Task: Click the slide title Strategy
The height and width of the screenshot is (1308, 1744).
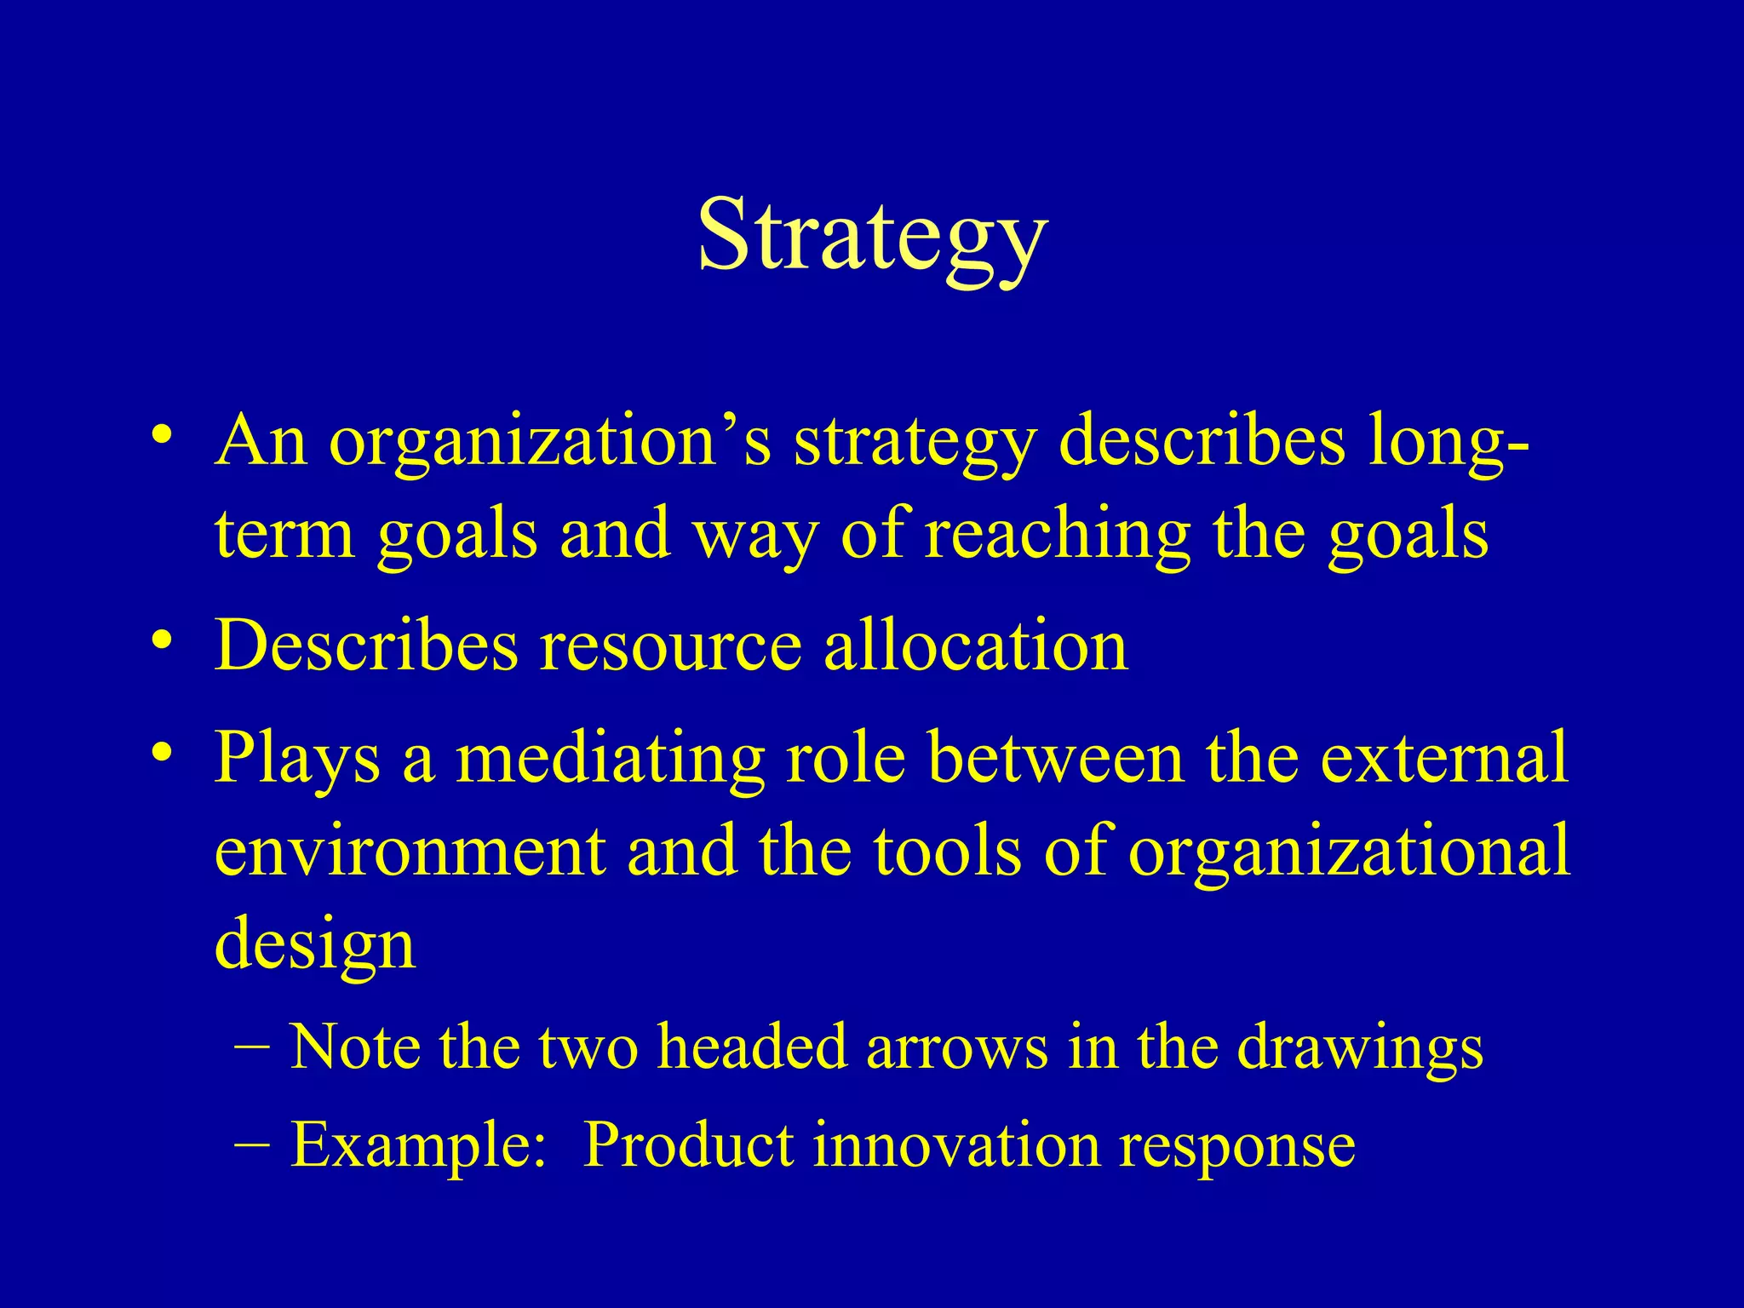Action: click(872, 234)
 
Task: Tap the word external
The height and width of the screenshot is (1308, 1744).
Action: click(1444, 757)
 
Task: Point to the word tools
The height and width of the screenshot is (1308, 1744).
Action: click(946, 851)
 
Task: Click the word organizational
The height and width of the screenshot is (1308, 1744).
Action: click(1349, 851)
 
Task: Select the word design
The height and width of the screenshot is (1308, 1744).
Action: click(315, 944)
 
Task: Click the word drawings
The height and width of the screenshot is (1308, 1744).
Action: click(1360, 1047)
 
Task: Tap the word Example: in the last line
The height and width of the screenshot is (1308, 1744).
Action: click(418, 1144)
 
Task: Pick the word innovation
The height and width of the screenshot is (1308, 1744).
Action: click(955, 1144)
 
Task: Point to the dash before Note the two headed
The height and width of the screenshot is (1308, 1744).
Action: click(250, 1045)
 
